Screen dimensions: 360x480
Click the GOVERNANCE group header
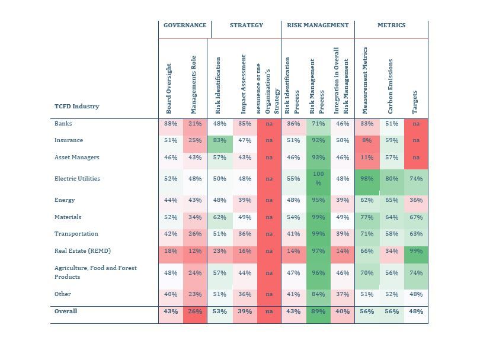[185, 25]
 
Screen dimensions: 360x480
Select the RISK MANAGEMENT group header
[318, 25]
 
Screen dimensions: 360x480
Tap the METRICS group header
[391, 25]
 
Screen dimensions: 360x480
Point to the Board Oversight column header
[169, 88]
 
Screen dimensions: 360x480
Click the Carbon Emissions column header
[391, 86]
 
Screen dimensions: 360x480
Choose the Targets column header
[415, 102]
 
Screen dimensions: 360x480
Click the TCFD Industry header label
[76, 107]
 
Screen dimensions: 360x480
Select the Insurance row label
[69, 140]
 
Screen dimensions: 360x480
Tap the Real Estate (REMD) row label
[82, 251]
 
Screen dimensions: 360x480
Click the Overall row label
[66, 311]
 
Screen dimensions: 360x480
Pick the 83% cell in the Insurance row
[219, 141]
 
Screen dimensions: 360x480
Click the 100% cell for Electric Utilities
[318, 179]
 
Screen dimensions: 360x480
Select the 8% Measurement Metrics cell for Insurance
[367, 141]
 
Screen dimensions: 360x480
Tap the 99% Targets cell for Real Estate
[416, 252]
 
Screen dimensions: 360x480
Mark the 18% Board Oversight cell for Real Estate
[171, 252]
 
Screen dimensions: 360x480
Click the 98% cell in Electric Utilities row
[367, 179]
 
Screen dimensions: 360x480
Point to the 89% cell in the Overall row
[318, 311]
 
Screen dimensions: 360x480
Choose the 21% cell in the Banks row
[195, 124]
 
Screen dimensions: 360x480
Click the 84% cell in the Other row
[318, 294]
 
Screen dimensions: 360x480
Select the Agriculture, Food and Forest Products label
[95, 272]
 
